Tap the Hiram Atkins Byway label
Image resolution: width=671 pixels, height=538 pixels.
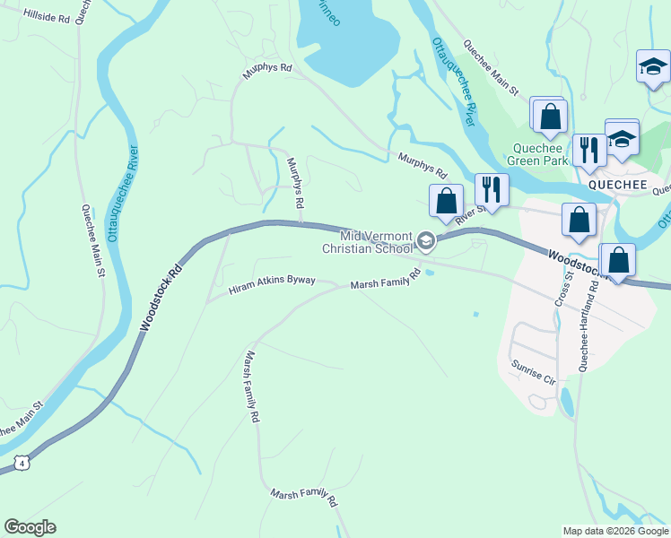coord(272,284)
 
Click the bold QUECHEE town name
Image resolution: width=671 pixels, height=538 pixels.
coord(617,183)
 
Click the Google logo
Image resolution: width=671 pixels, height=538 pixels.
coord(30,526)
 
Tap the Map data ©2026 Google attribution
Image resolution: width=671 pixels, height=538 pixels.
coord(614,531)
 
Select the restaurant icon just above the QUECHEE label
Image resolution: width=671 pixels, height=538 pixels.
coord(588,150)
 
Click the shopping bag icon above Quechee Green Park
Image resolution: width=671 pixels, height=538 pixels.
coord(550,116)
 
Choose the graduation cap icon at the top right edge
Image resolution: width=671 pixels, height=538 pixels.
coord(653,66)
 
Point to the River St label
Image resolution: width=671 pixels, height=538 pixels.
coord(469,215)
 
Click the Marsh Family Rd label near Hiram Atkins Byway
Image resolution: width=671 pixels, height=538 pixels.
coord(386,281)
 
